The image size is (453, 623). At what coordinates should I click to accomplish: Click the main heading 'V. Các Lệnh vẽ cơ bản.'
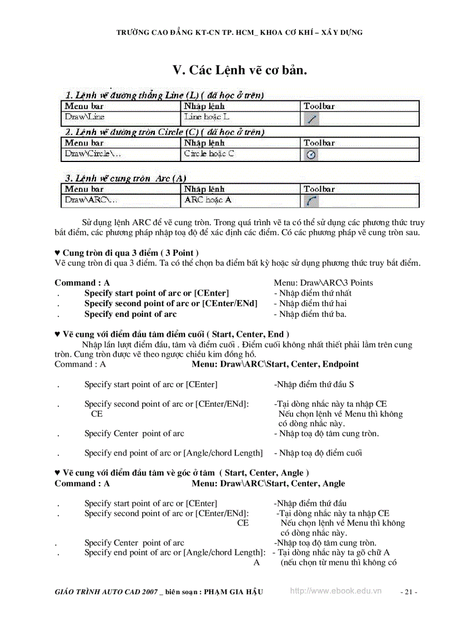point(240,70)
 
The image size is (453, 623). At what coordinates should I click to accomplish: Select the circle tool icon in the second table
point(312,155)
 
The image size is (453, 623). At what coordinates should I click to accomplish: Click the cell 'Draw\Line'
point(84,117)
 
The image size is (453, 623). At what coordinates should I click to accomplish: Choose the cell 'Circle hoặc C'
point(209,154)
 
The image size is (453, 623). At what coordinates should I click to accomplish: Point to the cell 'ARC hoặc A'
point(208,200)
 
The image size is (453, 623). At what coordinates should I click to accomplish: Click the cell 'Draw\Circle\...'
point(90,154)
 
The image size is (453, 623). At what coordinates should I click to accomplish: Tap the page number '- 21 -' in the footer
point(409,592)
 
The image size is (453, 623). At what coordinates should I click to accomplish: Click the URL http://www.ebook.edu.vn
point(336,591)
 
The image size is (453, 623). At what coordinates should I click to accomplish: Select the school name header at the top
point(239,33)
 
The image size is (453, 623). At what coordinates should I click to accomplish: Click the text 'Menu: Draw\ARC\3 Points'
point(323,283)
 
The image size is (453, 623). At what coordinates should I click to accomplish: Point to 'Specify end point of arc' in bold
point(130,314)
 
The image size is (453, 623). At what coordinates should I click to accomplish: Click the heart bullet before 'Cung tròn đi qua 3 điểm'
point(58,253)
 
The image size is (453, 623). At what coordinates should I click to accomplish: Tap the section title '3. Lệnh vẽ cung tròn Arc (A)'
point(125,179)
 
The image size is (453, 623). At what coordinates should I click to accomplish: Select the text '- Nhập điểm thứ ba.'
point(310,314)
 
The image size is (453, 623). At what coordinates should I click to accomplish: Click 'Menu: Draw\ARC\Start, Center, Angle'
point(268,484)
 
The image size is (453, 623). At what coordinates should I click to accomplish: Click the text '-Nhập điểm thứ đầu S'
point(314,384)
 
